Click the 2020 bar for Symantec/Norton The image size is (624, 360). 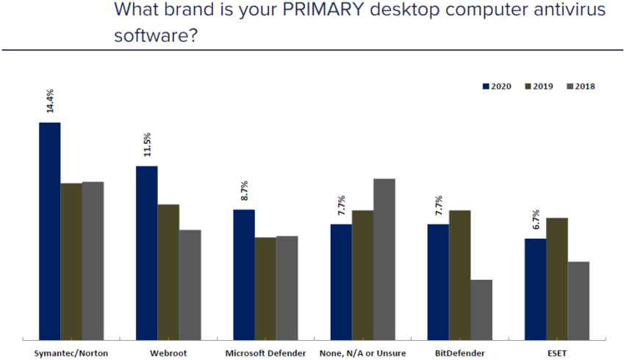coord(49,231)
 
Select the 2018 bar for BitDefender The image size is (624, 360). coord(481,309)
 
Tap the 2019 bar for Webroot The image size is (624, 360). coord(168,272)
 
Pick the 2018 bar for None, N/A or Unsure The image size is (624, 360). coord(384,259)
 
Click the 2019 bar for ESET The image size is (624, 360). coord(556,278)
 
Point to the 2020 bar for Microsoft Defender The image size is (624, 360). coord(244,275)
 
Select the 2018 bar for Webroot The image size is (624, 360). coord(190,284)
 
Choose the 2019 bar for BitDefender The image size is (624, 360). coord(459,275)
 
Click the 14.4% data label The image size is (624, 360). coord(50,101)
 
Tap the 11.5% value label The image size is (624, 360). coord(147,145)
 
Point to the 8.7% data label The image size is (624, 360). coord(244,190)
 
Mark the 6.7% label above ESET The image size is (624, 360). coord(535,220)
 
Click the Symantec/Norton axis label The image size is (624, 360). coord(71,353)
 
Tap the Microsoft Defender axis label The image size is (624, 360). coord(265,353)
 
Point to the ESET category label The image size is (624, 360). coord(557,353)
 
